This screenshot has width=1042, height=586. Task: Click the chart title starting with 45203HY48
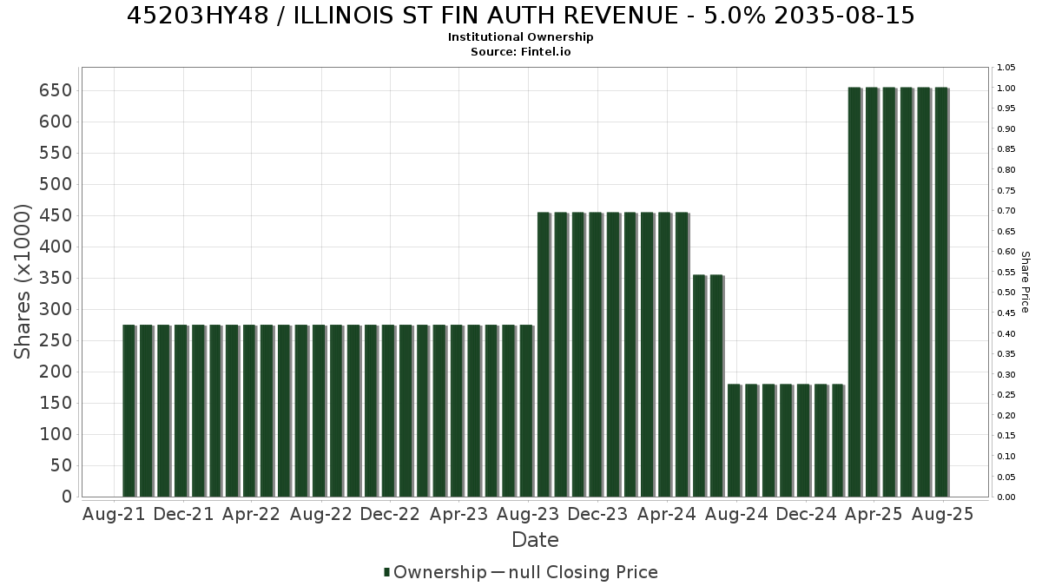520,16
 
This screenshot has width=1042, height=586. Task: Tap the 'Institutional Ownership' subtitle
520,37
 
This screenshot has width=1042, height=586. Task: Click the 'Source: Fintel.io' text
520,51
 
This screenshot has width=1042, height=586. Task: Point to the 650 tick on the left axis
56,90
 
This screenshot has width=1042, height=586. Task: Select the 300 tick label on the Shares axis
56,309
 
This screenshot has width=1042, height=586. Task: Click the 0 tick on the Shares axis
68,497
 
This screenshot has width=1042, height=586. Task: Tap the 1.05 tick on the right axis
1006,68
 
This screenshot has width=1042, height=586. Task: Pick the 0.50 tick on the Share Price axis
1006,293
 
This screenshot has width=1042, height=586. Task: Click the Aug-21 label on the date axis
114,514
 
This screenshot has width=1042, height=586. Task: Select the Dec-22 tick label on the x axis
390,514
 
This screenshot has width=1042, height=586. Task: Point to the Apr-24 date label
667,514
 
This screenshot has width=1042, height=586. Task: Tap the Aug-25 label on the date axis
942,514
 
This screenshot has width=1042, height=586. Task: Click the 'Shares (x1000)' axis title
22,282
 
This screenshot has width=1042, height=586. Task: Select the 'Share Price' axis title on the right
1025,282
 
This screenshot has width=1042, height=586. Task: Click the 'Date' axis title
535,540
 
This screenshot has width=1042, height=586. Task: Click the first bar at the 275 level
129,412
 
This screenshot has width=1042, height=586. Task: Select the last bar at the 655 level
941,292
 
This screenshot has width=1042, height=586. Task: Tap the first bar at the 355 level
699,386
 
